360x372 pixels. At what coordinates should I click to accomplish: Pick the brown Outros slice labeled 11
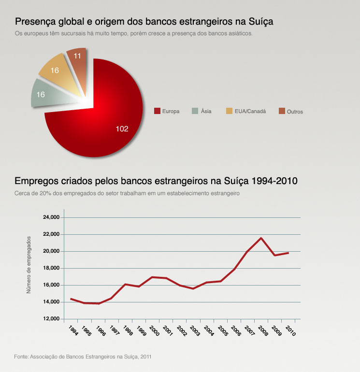(x=77, y=60)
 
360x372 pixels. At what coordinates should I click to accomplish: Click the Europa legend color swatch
(x=157, y=111)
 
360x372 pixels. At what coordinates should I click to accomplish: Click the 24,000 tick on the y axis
(x=51, y=217)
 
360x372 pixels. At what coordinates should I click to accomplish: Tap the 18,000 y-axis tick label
(x=51, y=268)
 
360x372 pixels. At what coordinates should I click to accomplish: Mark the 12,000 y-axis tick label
(x=51, y=319)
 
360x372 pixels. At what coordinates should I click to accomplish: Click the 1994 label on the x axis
(x=73, y=331)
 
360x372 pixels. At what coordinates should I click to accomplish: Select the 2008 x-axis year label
(x=262, y=331)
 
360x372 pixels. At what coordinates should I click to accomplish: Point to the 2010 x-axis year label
(x=290, y=331)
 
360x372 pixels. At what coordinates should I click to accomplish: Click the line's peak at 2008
(x=261, y=238)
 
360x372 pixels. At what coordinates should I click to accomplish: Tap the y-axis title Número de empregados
(x=29, y=265)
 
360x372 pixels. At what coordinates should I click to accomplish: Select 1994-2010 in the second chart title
(x=275, y=181)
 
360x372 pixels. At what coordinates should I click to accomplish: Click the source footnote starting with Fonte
(x=83, y=357)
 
